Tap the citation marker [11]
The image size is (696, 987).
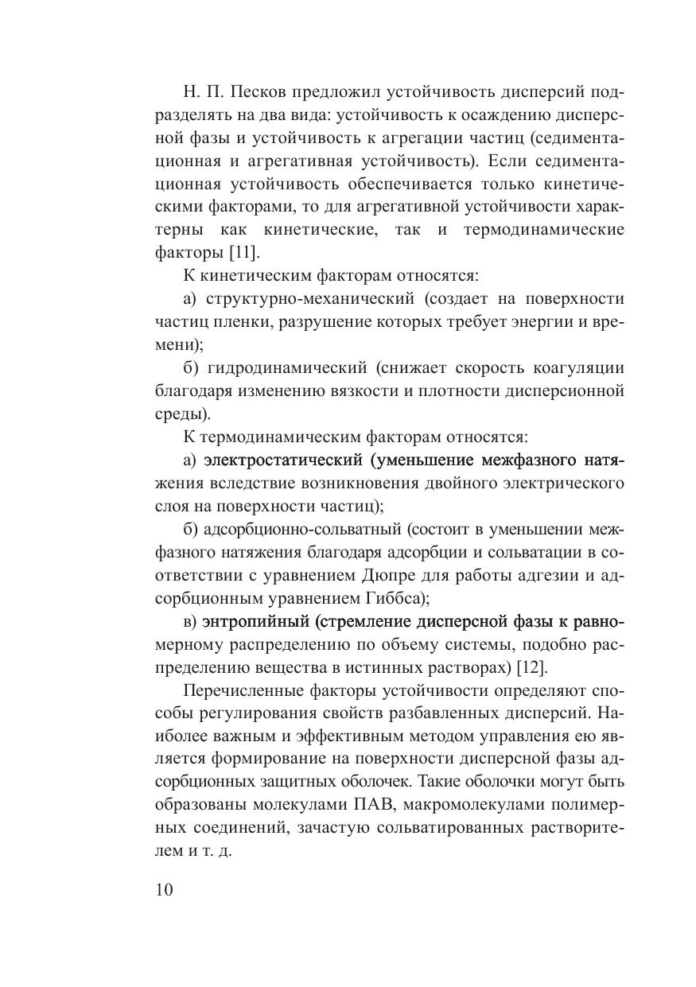pyautogui.click(x=244, y=253)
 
